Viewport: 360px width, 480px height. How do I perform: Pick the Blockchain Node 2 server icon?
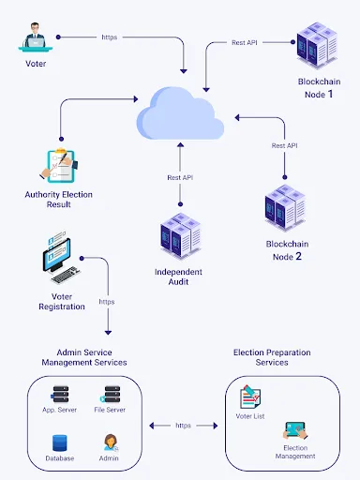coord(284,210)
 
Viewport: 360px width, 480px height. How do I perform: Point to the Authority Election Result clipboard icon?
coord(59,164)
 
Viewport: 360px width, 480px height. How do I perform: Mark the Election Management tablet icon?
coord(295,432)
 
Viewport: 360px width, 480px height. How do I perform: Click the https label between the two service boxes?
coord(183,425)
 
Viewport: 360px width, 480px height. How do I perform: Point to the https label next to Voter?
coord(109,37)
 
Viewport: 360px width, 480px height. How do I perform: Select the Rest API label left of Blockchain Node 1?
coord(245,42)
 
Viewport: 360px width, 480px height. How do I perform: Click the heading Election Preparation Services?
coord(272,356)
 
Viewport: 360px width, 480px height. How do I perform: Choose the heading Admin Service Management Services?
coord(84,356)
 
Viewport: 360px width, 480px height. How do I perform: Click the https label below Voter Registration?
coord(107,302)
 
